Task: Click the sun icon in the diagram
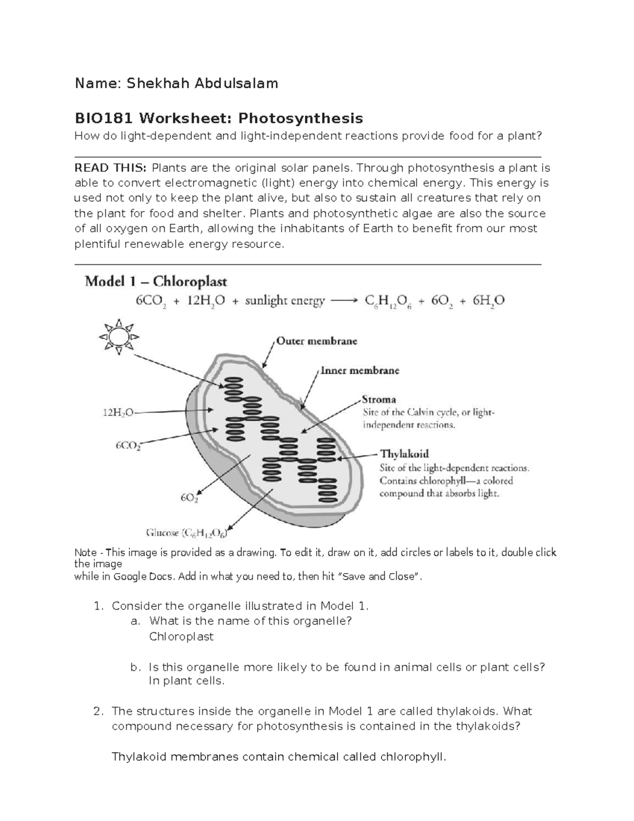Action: tap(118, 337)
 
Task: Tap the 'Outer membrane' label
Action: tap(317, 341)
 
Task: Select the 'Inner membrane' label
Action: tap(360, 371)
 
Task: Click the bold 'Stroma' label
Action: tap(379, 399)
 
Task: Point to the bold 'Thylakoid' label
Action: tap(404, 454)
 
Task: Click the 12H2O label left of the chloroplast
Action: tap(118, 413)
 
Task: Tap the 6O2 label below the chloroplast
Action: tap(189, 497)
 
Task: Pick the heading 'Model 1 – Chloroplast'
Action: tap(156, 281)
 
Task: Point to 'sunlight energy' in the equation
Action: tap(284, 301)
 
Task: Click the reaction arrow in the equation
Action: tap(343, 301)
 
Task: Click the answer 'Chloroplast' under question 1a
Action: tap(181, 636)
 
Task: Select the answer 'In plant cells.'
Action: tap(187, 681)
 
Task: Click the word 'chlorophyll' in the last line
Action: tap(413, 757)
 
